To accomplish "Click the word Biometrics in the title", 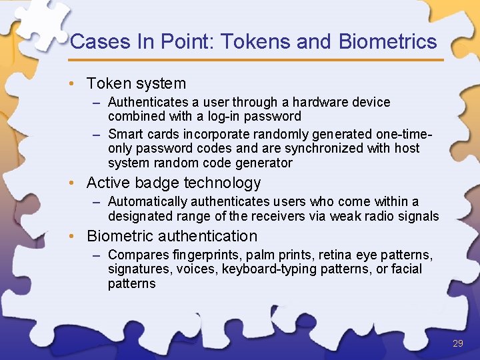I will pos(387,41).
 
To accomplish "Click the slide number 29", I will pos(457,343).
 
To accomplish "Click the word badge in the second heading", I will pos(155,183).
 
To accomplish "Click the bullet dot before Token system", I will pos(78,84).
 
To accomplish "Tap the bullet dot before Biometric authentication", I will pos(78,237).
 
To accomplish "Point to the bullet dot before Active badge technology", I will pos(78,183).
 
